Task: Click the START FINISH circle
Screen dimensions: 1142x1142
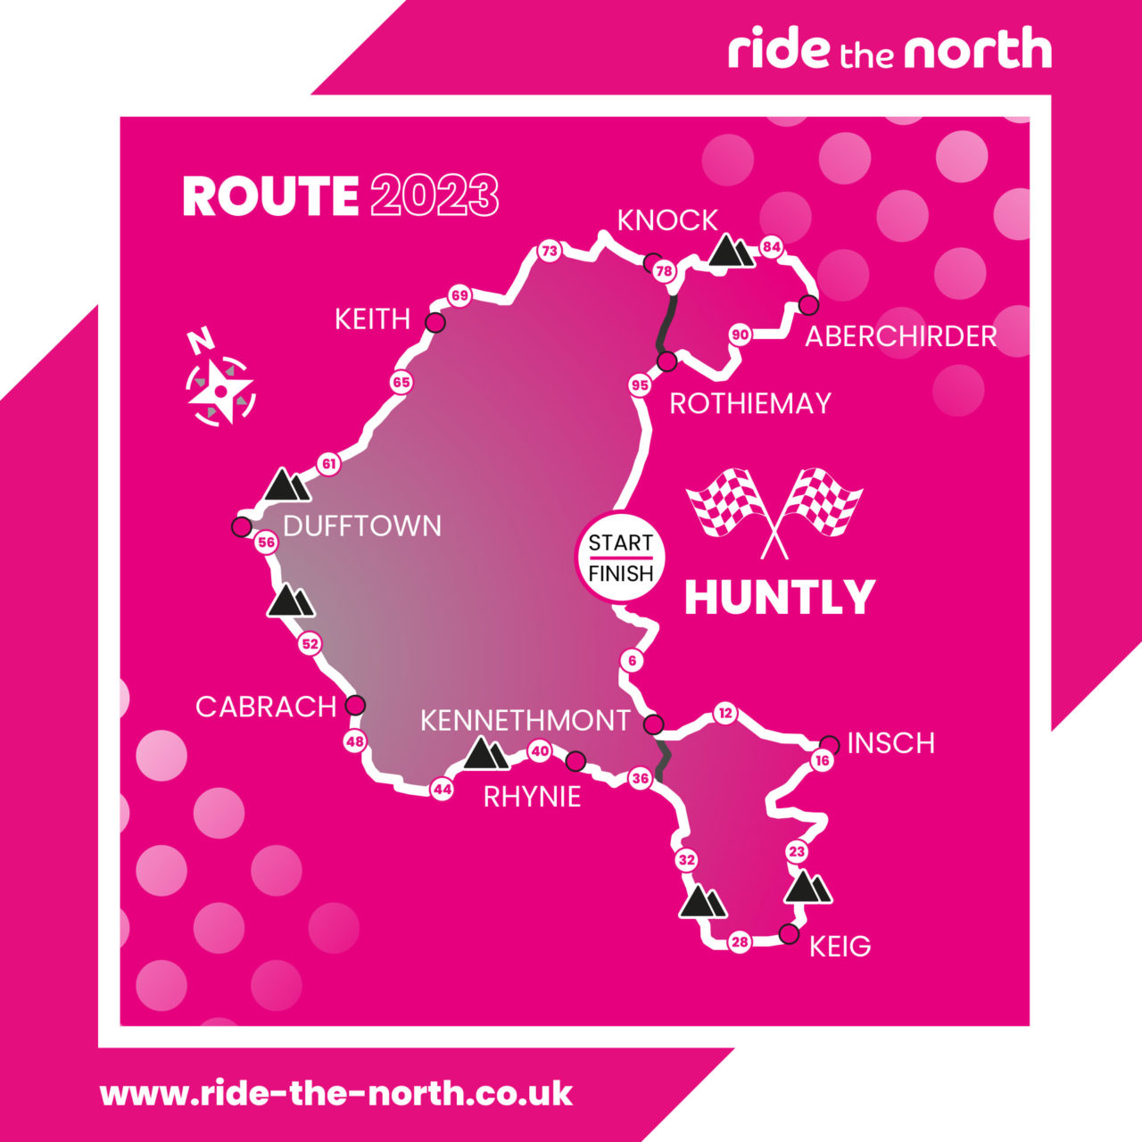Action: coord(621,558)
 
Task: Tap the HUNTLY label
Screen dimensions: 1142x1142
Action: coord(779,598)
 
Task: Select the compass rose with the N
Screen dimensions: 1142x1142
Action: coord(219,386)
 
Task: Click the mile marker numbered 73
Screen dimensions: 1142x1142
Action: coord(550,252)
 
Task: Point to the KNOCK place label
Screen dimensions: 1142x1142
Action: coord(667,220)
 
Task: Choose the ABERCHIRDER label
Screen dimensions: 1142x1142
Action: coord(901,336)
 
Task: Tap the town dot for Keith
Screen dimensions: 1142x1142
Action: coord(435,323)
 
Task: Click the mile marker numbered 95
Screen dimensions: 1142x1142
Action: coord(640,385)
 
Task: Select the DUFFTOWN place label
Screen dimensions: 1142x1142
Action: coord(362,526)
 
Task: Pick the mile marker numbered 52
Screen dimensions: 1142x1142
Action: coord(310,643)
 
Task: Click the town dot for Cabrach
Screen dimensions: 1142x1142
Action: coord(355,705)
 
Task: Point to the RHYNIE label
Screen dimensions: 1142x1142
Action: coord(532,797)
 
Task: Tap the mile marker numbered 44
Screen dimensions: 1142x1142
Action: coord(442,789)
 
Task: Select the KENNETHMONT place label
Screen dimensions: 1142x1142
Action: coord(525,721)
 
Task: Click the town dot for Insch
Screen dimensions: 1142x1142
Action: coord(829,744)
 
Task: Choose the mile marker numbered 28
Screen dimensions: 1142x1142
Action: coord(740,942)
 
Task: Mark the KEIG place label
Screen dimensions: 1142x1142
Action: coord(840,947)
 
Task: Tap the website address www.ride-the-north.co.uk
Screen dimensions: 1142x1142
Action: coord(335,1093)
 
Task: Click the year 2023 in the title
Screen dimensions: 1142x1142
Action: coord(434,196)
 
